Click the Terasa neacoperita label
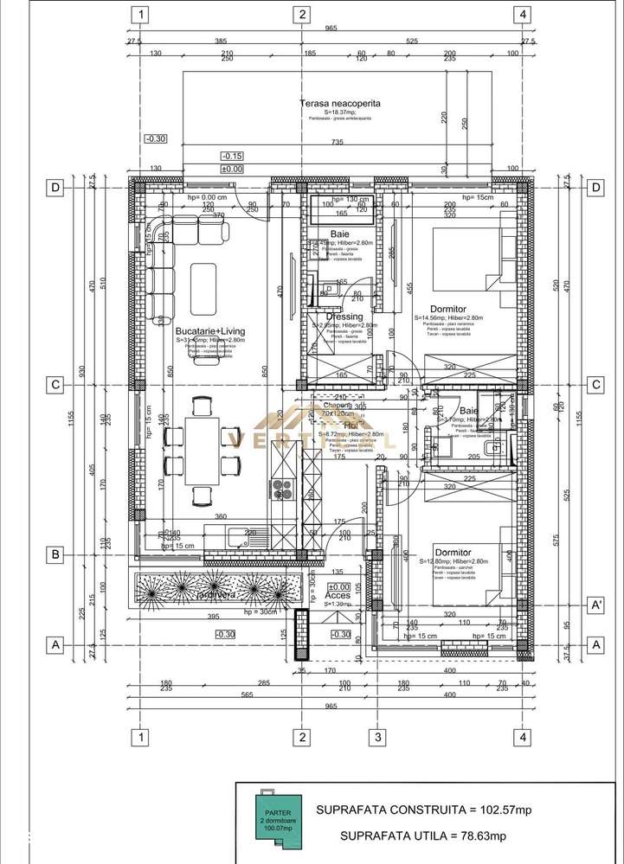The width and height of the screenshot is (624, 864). [339, 104]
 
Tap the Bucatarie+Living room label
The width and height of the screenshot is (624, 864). [209, 331]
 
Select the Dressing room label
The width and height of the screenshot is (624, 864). [344, 317]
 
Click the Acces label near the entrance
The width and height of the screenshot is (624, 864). [338, 595]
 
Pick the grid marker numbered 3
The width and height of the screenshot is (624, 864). [377, 737]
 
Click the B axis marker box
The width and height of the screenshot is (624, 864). [56, 554]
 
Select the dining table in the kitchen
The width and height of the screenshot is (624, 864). [202, 451]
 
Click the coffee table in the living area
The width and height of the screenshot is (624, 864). [204, 288]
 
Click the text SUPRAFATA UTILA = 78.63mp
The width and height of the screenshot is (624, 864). [422, 835]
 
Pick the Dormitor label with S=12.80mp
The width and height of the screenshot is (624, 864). [453, 552]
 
